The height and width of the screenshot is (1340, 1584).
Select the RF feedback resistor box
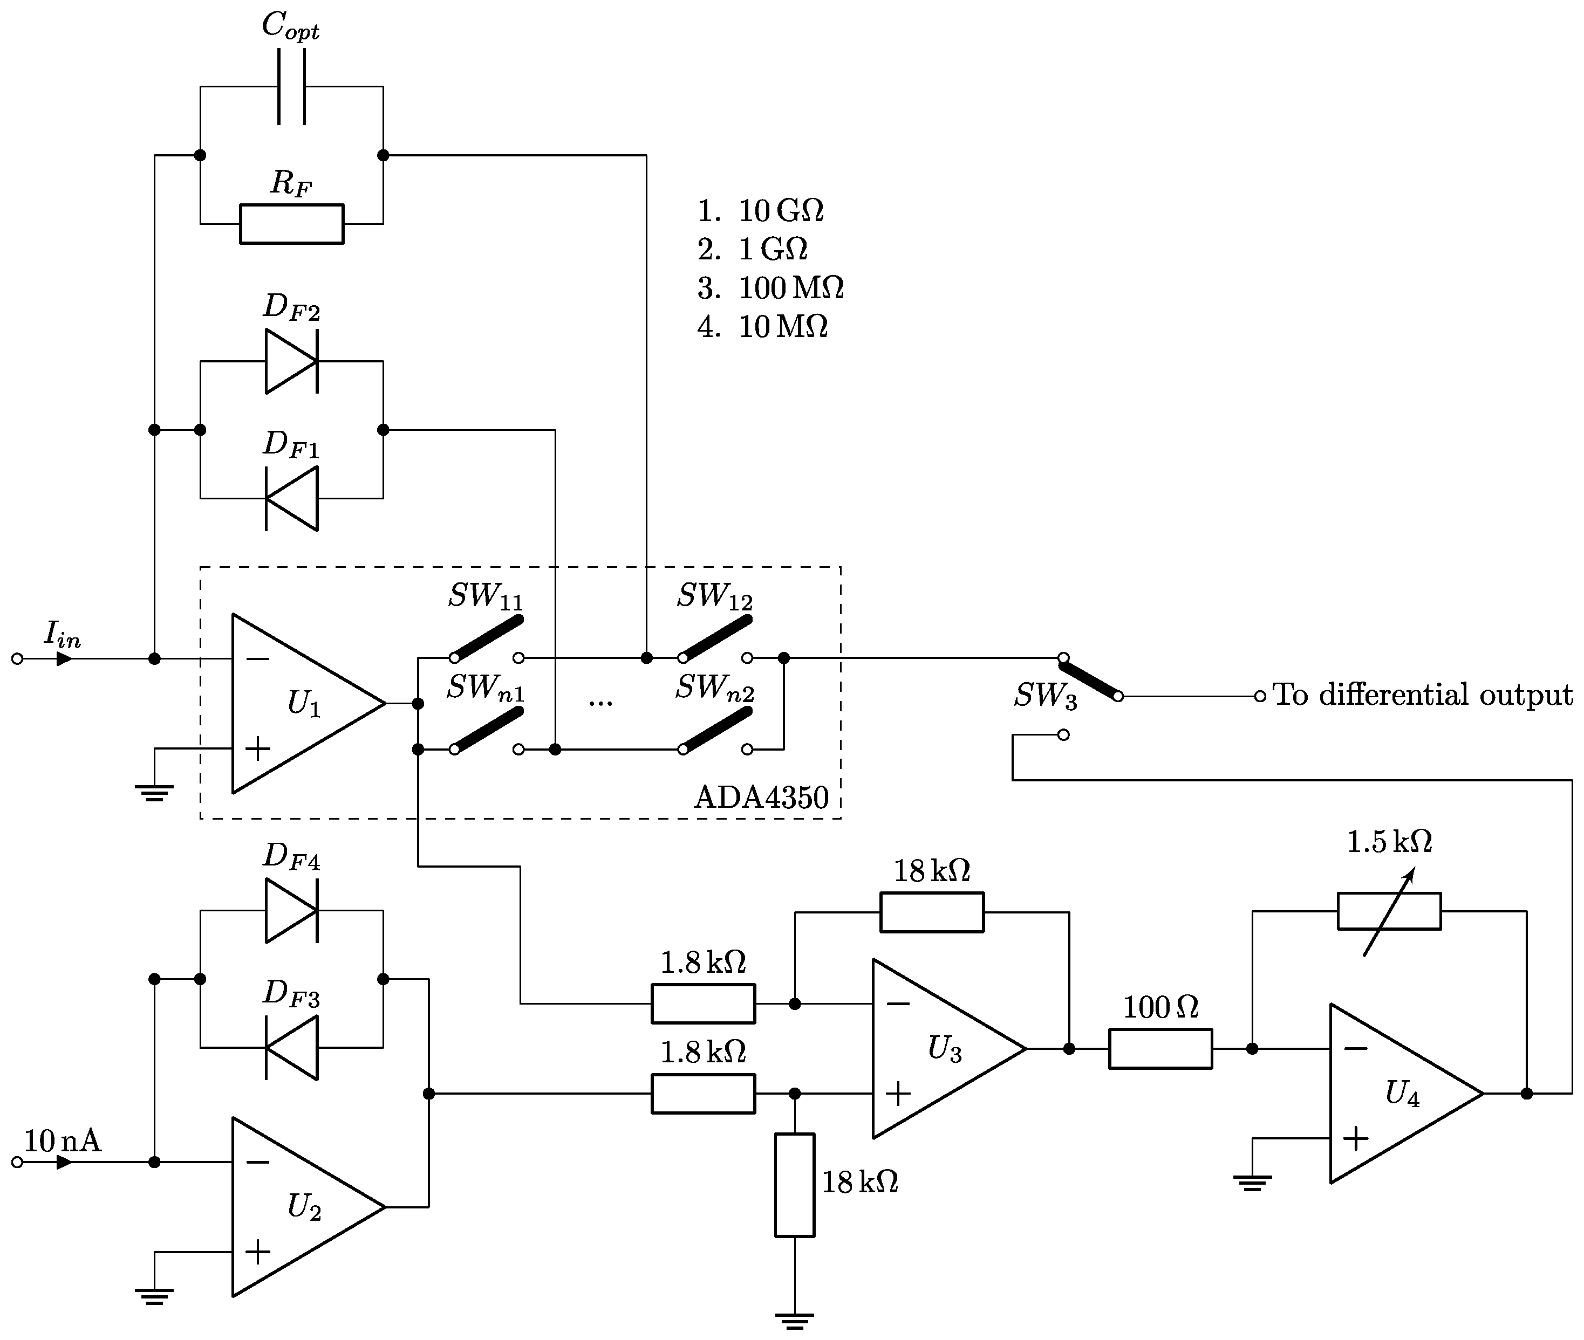292,224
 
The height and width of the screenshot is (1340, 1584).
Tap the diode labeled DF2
291,362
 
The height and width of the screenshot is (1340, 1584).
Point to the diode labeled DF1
291,498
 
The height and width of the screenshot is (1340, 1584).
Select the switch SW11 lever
487,638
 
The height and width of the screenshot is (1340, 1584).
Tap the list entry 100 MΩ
790,288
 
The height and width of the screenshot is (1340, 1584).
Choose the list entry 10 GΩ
781,210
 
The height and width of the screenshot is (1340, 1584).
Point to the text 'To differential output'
1422,695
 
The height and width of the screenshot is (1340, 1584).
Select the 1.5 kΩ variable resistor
1389,911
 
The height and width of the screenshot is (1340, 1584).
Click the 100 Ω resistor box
1160,1049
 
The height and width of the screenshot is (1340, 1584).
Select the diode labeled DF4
291,911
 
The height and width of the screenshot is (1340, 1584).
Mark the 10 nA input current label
63,1141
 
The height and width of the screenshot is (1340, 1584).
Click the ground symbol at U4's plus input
1252,1182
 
